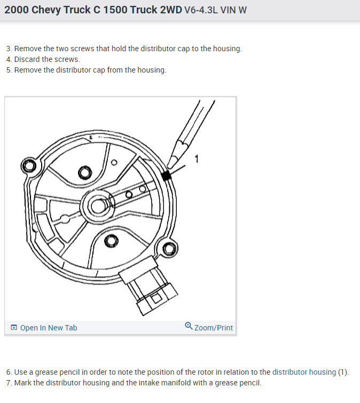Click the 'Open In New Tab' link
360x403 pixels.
49,328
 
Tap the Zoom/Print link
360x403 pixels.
214,328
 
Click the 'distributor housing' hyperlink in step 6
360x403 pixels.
304,372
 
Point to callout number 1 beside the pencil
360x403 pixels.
197,159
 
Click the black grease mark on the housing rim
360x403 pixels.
166,176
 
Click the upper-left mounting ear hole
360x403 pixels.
29,165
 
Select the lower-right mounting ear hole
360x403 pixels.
169,249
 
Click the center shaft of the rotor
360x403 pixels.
98,206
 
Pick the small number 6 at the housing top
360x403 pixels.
90,138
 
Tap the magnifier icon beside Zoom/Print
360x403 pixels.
189,326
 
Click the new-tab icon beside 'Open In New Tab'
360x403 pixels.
14,327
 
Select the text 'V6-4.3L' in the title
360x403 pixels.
201,10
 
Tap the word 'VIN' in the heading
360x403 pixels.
228,10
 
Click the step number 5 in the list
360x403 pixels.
9,70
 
